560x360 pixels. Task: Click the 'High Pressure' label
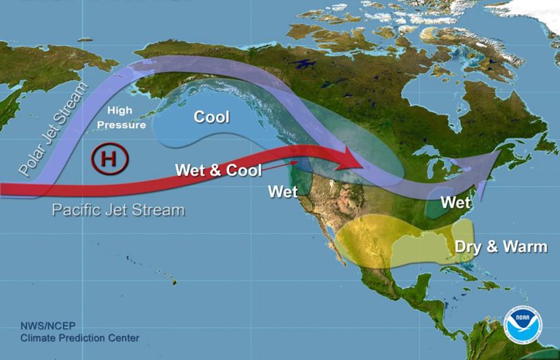126,117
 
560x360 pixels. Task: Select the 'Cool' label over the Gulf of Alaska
211,117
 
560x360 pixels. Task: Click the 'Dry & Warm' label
500,246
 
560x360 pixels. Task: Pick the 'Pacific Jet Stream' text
118,210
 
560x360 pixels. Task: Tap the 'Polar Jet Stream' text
52,132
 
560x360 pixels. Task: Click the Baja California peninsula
336,248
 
